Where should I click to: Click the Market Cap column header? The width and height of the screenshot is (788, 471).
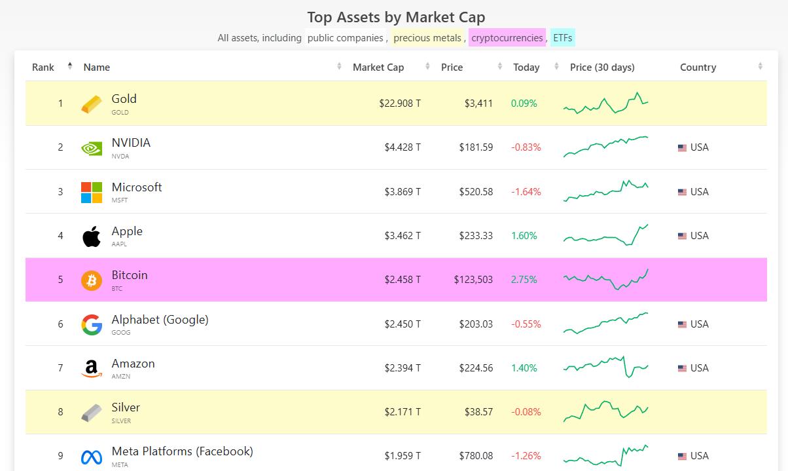(x=378, y=67)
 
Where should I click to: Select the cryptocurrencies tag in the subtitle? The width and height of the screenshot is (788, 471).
(x=507, y=38)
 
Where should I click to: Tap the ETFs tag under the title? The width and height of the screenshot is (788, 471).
(x=563, y=38)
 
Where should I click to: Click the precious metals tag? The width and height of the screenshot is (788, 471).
(x=427, y=38)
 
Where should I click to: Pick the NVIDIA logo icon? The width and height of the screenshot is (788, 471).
(x=92, y=148)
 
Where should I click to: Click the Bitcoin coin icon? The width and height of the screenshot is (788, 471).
(x=92, y=280)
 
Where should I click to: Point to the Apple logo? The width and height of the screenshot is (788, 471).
(x=92, y=236)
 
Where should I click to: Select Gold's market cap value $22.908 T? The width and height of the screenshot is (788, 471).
(x=400, y=104)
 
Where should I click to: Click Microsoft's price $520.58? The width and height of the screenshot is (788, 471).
(x=476, y=192)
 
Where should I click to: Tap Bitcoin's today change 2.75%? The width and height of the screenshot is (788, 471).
(x=524, y=280)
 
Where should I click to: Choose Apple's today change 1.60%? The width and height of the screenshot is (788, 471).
(x=524, y=236)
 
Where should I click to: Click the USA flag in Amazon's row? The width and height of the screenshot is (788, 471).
(x=682, y=368)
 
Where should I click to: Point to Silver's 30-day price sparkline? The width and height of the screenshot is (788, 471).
(x=605, y=411)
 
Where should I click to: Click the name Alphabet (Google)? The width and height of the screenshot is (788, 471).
(x=160, y=320)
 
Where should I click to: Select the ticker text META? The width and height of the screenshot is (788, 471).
(x=120, y=465)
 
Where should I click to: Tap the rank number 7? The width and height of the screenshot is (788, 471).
(x=60, y=368)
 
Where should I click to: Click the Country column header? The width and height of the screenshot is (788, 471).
(x=698, y=67)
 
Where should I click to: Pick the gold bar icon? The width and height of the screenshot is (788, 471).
(x=92, y=104)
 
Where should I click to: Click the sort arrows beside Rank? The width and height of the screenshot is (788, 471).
(x=69, y=66)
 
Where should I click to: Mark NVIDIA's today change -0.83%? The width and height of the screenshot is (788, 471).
(x=526, y=147)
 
